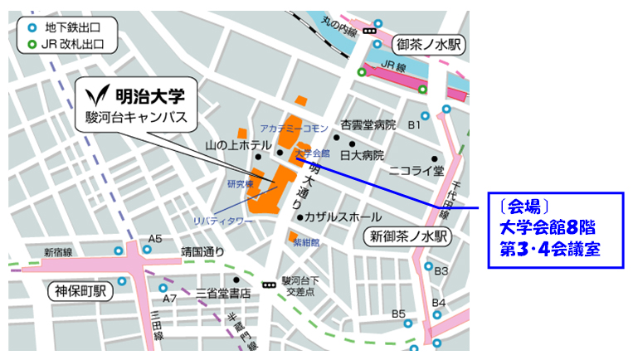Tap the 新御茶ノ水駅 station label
[409, 237]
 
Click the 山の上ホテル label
[238, 146]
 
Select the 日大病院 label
[361, 155]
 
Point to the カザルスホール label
[343, 217]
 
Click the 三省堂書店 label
[223, 293]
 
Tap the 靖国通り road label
[203, 251]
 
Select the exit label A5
[153, 239]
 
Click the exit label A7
[169, 298]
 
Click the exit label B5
[399, 314]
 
